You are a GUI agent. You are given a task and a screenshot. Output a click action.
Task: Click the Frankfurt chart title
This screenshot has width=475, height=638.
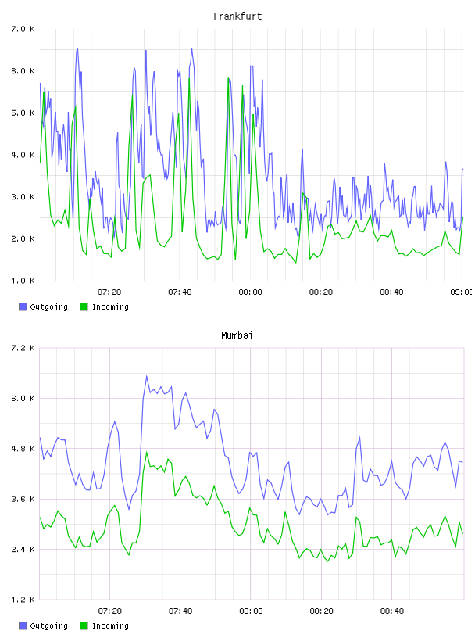[237, 16]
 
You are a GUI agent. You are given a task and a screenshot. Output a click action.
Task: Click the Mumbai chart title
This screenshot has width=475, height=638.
[237, 335]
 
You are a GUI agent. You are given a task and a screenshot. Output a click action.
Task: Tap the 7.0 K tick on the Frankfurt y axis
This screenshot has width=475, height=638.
[23, 29]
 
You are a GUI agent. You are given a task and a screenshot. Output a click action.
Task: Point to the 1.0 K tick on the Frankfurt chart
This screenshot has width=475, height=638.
[23, 281]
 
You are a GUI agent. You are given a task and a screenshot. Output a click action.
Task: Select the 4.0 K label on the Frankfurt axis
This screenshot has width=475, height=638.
[23, 155]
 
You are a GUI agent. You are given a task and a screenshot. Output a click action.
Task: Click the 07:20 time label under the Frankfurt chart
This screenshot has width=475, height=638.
[109, 292]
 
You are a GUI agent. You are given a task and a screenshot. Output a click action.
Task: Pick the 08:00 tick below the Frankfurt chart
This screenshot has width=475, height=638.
[251, 292]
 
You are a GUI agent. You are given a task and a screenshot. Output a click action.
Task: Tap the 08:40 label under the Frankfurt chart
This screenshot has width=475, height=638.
[391, 292]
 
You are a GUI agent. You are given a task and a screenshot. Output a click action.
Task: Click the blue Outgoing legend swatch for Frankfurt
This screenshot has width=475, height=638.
[23, 306]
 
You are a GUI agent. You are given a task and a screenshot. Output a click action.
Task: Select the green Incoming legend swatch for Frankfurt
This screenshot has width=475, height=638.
[84, 306]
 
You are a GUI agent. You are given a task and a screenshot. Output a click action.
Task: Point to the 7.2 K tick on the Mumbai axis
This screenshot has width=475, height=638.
[23, 348]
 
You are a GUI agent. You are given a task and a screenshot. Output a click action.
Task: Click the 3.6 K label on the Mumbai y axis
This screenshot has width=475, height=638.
[23, 500]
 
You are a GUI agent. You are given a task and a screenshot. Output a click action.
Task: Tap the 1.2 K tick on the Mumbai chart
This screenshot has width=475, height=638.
[23, 600]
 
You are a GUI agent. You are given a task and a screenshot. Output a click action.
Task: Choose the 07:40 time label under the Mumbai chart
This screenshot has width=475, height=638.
[180, 611]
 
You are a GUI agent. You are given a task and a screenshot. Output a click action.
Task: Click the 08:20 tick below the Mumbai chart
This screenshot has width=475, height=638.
[321, 611]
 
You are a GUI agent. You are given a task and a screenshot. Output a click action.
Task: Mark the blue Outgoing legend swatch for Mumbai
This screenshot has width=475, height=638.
[23, 625]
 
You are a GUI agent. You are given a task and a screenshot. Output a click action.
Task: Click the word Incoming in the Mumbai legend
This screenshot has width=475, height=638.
[110, 625]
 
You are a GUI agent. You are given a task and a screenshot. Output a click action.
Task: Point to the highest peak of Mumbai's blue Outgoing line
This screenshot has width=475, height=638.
[146, 376]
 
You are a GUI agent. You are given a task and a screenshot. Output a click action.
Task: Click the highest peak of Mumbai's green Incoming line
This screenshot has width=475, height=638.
[146, 452]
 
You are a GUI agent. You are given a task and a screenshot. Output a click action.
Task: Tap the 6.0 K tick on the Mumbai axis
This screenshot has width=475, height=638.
[23, 398]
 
